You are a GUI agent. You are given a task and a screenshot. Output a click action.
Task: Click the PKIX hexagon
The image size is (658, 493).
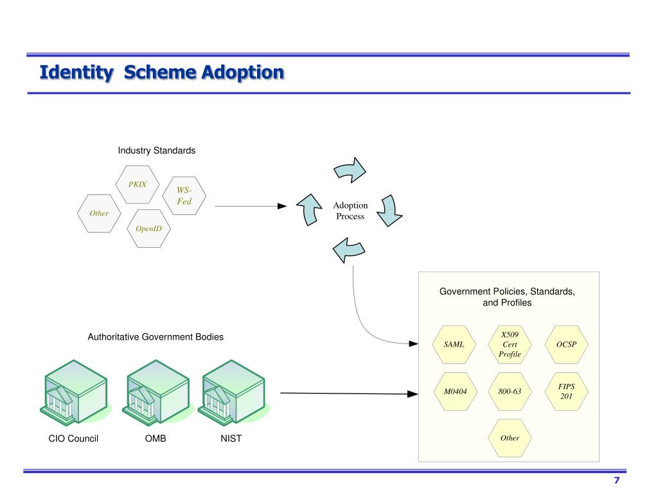click(138, 184)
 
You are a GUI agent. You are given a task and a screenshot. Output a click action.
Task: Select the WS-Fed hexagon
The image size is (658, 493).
click(184, 196)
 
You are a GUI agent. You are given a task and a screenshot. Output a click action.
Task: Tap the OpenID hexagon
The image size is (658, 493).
click(148, 229)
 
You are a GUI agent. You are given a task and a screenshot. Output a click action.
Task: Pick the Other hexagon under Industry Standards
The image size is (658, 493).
click(99, 213)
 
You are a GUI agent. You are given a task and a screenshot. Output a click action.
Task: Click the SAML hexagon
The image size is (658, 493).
click(454, 345)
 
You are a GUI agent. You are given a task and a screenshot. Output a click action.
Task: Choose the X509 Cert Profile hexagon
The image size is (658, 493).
click(510, 345)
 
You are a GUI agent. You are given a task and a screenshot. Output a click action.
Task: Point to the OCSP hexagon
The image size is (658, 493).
click(567, 345)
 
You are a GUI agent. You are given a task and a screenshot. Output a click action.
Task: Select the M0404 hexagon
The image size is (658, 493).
click(456, 392)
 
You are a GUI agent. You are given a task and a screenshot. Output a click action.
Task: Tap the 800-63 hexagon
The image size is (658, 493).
click(510, 392)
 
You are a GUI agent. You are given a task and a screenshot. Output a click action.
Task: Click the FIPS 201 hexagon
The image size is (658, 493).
click(567, 392)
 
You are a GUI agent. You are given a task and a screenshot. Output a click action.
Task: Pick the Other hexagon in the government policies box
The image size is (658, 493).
click(510, 438)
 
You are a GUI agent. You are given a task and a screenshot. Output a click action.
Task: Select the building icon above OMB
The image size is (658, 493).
click(157, 393)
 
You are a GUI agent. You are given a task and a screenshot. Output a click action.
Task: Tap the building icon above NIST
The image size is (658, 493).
click(233, 393)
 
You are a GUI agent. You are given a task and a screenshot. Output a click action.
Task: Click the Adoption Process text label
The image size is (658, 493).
click(350, 211)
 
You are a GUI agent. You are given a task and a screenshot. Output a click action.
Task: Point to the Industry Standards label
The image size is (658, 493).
click(157, 150)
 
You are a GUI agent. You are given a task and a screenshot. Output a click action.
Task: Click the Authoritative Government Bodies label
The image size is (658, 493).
click(156, 337)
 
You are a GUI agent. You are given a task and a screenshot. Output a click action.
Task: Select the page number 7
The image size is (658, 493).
click(616, 480)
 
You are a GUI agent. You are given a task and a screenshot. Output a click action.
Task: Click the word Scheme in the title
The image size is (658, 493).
click(160, 73)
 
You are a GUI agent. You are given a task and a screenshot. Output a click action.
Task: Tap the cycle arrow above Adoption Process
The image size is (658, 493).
click(350, 170)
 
